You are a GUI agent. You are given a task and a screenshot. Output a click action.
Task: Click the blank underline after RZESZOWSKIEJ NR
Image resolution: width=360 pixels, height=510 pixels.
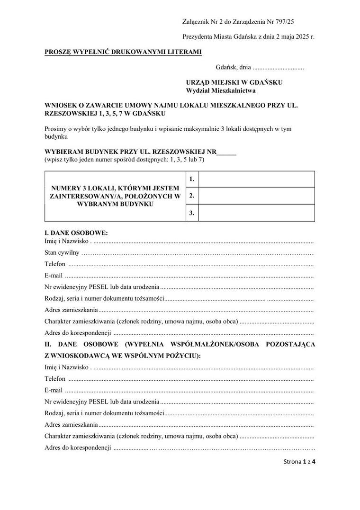coord(226,152)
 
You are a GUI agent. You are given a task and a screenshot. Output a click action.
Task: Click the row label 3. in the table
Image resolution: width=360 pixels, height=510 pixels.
coord(192,213)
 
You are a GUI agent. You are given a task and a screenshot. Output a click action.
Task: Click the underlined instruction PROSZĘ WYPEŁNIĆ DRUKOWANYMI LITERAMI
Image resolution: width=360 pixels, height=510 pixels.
coord(123,52)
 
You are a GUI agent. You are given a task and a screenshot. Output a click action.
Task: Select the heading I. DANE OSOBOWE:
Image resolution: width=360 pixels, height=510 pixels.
coord(76,233)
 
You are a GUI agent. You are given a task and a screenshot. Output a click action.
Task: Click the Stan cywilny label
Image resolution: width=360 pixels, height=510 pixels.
coord(62,252)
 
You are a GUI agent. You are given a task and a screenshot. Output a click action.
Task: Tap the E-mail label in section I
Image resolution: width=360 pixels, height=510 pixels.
coord(54,275)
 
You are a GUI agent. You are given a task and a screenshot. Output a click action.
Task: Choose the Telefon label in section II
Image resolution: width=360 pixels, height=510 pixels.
coord(55,379)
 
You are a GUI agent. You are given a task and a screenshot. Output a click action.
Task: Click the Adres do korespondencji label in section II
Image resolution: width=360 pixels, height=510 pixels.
coord(78,447)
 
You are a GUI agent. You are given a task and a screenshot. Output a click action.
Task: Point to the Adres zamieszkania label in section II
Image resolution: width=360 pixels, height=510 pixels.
coord(71,424)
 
